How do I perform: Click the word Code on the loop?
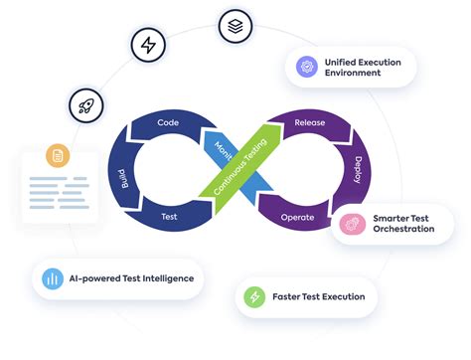point(168,123)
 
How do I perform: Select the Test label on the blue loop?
point(169,215)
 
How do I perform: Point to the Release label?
point(310,123)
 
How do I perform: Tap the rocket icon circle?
point(83,104)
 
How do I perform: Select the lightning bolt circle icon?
point(149,47)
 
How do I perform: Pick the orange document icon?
point(58,156)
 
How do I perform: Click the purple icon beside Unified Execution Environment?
point(306,68)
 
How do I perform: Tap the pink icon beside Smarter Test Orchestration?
point(351,224)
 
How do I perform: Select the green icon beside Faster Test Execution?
point(254,296)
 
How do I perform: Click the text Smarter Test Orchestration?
point(403,223)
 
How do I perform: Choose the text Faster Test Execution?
point(318,296)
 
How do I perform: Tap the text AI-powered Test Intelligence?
point(132,278)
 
